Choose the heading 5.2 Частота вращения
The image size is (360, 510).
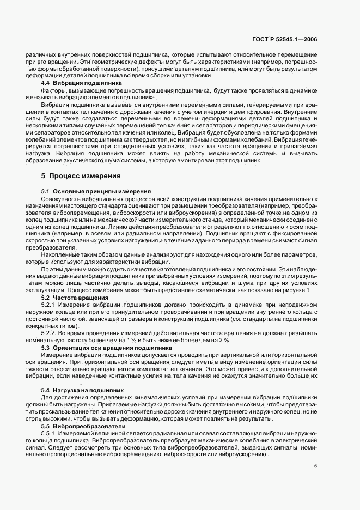[x=75, y=298]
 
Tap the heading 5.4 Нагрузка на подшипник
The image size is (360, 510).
[x=83, y=390]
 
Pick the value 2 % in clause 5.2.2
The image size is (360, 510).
[x=223, y=339]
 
